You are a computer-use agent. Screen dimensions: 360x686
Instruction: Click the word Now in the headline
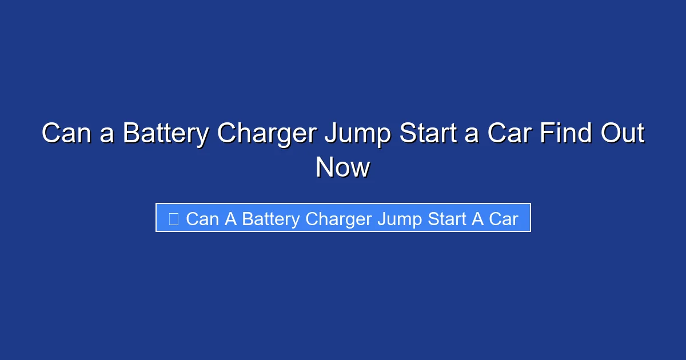342,168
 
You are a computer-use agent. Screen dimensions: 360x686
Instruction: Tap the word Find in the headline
557,134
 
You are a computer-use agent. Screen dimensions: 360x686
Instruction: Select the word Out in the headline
621,134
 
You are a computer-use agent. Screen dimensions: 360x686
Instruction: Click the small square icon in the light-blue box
174,218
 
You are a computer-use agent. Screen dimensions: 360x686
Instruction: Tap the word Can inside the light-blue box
202,219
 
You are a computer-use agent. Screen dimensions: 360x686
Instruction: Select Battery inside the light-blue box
271,219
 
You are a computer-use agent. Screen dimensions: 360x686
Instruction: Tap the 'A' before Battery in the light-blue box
230,219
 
